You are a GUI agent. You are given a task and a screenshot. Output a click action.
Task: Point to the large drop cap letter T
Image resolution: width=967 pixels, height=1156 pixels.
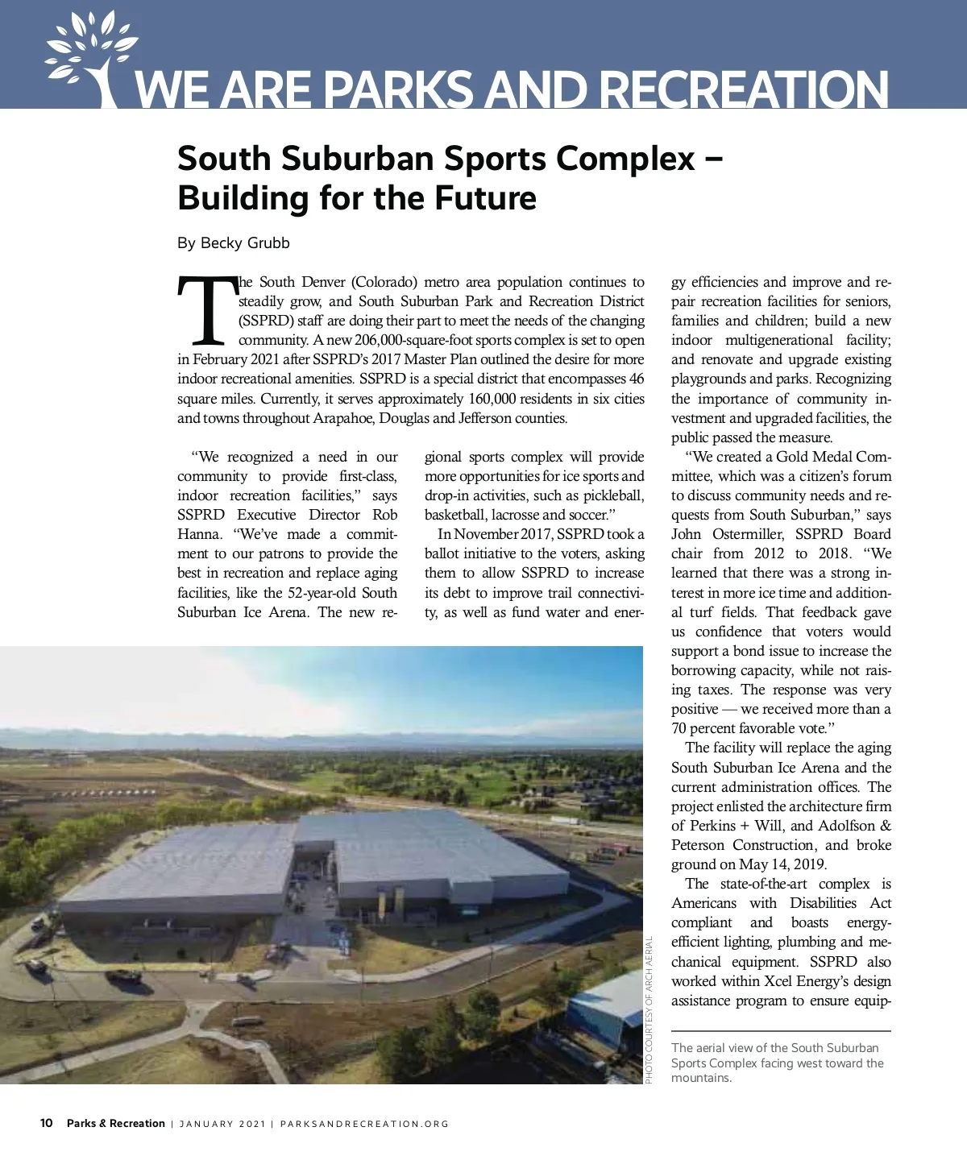207,309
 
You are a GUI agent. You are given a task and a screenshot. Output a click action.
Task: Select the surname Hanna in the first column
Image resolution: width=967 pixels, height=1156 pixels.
198,534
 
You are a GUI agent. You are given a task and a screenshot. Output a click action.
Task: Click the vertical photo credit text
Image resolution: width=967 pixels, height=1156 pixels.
650,1010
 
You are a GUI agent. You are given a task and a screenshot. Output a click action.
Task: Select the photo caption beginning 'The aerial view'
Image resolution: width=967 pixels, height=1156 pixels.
777,1063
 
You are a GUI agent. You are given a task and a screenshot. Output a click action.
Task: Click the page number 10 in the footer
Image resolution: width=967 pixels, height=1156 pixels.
47,1123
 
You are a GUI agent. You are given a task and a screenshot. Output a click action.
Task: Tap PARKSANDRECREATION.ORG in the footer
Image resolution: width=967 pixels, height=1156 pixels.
364,1124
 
